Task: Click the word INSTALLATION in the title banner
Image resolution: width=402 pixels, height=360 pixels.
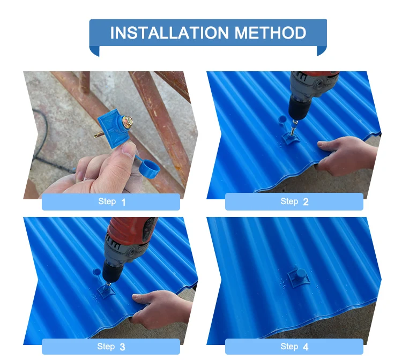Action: (x=169, y=33)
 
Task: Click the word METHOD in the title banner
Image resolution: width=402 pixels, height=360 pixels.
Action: (x=271, y=33)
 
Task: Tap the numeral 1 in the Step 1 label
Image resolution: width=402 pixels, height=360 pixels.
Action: (x=123, y=202)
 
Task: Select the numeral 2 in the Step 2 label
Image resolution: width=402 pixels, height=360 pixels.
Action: (x=306, y=202)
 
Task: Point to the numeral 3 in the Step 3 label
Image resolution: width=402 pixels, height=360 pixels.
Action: (x=123, y=347)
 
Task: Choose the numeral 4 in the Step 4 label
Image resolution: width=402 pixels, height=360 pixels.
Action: (x=306, y=347)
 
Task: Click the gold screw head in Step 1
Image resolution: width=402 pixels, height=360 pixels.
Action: (x=128, y=121)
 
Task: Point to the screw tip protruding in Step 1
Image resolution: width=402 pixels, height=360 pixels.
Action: (x=99, y=134)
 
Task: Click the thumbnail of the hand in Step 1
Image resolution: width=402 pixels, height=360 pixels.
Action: (x=129, y=150)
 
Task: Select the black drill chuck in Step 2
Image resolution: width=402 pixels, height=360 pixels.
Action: (x=299, y=109)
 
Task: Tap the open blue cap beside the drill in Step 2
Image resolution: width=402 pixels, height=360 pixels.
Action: (x=282, y=119)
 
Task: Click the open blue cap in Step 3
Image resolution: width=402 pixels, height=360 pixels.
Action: (x=96, y=272)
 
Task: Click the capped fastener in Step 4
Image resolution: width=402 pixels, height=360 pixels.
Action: (x=299, y=277)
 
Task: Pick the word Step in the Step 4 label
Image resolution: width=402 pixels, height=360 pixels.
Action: (x=289, y=347)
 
